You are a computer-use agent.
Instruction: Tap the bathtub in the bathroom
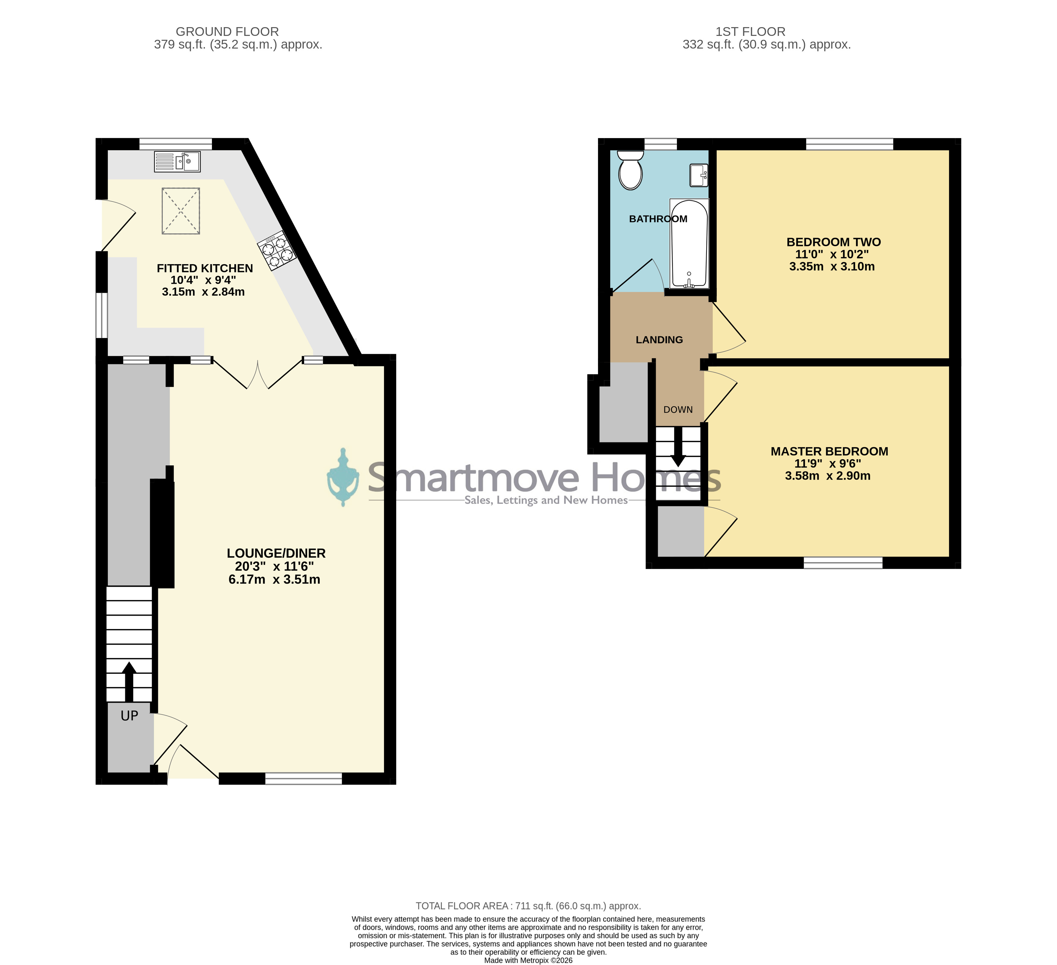689,243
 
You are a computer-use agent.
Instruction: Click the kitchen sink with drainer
177,162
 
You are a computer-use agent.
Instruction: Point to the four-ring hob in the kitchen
277,251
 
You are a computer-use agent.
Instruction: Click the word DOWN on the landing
678,410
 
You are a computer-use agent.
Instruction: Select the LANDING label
659,340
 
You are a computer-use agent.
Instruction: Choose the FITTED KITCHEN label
205,268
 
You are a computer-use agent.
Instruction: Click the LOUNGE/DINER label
276,553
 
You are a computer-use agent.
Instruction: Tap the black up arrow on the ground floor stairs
129,681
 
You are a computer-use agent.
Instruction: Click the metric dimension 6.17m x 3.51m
274,580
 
